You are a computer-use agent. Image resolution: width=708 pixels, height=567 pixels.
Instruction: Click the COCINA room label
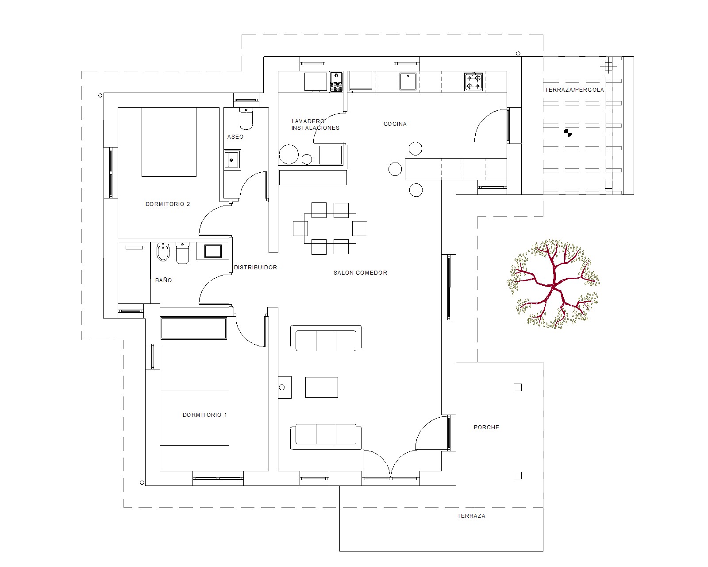coord(395,124)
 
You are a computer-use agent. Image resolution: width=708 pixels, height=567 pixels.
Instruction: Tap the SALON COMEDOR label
coord(360,273)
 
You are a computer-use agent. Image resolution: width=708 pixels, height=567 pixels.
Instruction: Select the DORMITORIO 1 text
coord(204,415)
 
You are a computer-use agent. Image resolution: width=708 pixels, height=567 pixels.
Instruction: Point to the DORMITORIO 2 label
coord(167,204)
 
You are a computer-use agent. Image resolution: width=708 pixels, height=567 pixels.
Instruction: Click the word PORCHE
coord(486,427)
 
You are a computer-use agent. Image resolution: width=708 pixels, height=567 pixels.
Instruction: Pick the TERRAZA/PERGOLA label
coord(574,89)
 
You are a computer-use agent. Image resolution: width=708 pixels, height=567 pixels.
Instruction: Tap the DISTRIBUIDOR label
coord(255,267)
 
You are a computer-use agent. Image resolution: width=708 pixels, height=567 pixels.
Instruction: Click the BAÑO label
coord(163,280)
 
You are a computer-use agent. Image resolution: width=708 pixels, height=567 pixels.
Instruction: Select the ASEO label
coord(235,137)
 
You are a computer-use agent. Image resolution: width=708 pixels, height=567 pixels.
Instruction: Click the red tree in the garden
coord(554,284)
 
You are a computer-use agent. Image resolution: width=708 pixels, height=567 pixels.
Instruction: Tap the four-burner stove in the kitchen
coord(473,82)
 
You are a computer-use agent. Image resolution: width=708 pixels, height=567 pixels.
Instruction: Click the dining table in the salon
coord(330,228)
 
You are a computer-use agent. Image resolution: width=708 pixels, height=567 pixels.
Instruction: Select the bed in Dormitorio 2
coord(169,142)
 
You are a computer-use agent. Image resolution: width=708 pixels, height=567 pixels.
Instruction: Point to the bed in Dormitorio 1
coord(194,418)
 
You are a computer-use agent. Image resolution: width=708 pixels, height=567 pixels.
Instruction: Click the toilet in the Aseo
coord(246,118)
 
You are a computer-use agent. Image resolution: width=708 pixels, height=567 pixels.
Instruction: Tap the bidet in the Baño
coord(163,252)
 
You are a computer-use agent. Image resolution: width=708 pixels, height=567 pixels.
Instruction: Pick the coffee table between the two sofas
coord(321,387)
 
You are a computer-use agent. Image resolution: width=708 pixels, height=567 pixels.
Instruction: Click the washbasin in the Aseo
coord(232,160)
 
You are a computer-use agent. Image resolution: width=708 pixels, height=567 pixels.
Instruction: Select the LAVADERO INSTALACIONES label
coord(315,124)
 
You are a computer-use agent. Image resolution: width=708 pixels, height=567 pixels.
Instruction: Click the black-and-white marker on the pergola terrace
coord(568,133)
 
